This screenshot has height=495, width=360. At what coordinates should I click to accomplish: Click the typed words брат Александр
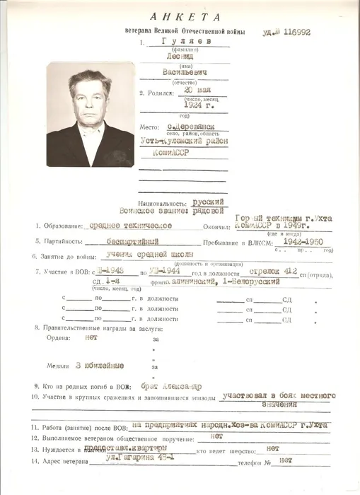pyautogui.click(x=171, y=387)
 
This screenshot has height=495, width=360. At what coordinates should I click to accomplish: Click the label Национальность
pyautogui.click(x=164, y=202)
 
